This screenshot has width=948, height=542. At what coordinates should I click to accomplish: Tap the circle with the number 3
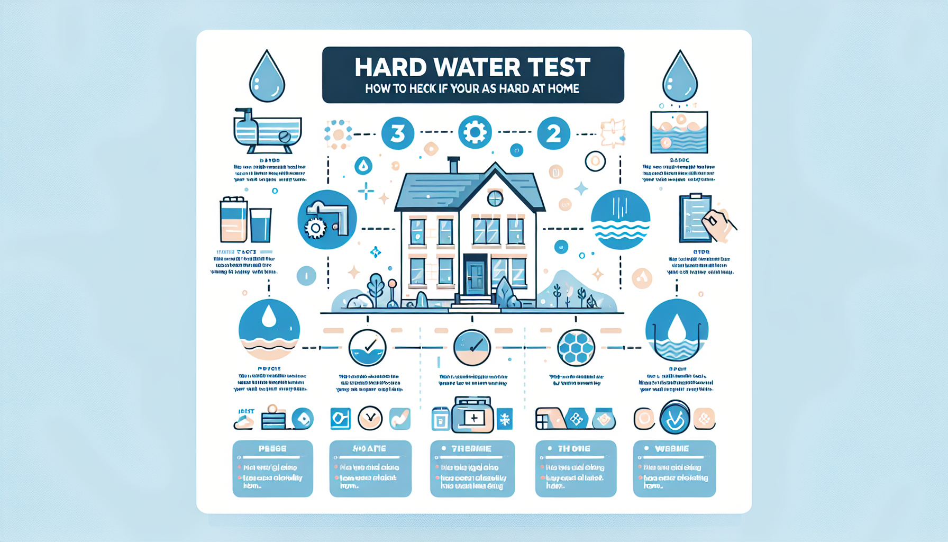point(397,133)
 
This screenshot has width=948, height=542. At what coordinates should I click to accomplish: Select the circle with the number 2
point(553,133)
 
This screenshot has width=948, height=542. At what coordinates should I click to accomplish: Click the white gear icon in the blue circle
point(475,132)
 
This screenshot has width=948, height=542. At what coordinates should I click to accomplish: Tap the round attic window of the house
point(495,198)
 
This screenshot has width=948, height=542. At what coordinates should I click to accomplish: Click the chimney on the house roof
point(453,165)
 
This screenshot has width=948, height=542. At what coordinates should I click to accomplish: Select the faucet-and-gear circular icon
point(327,220)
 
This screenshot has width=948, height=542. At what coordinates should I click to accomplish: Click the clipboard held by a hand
point(696,218)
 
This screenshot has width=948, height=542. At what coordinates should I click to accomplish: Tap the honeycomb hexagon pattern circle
point(576,348)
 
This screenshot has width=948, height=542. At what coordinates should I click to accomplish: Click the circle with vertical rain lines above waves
point(620,220)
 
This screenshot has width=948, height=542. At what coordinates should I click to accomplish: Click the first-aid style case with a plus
point(472,416)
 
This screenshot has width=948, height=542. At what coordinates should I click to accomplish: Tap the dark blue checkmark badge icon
point(675,418)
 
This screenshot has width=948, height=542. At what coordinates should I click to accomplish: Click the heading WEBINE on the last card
point(672,448)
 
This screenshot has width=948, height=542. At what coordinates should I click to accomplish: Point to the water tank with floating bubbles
point(679,132)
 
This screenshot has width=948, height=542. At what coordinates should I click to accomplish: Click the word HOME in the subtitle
point(563,89)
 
